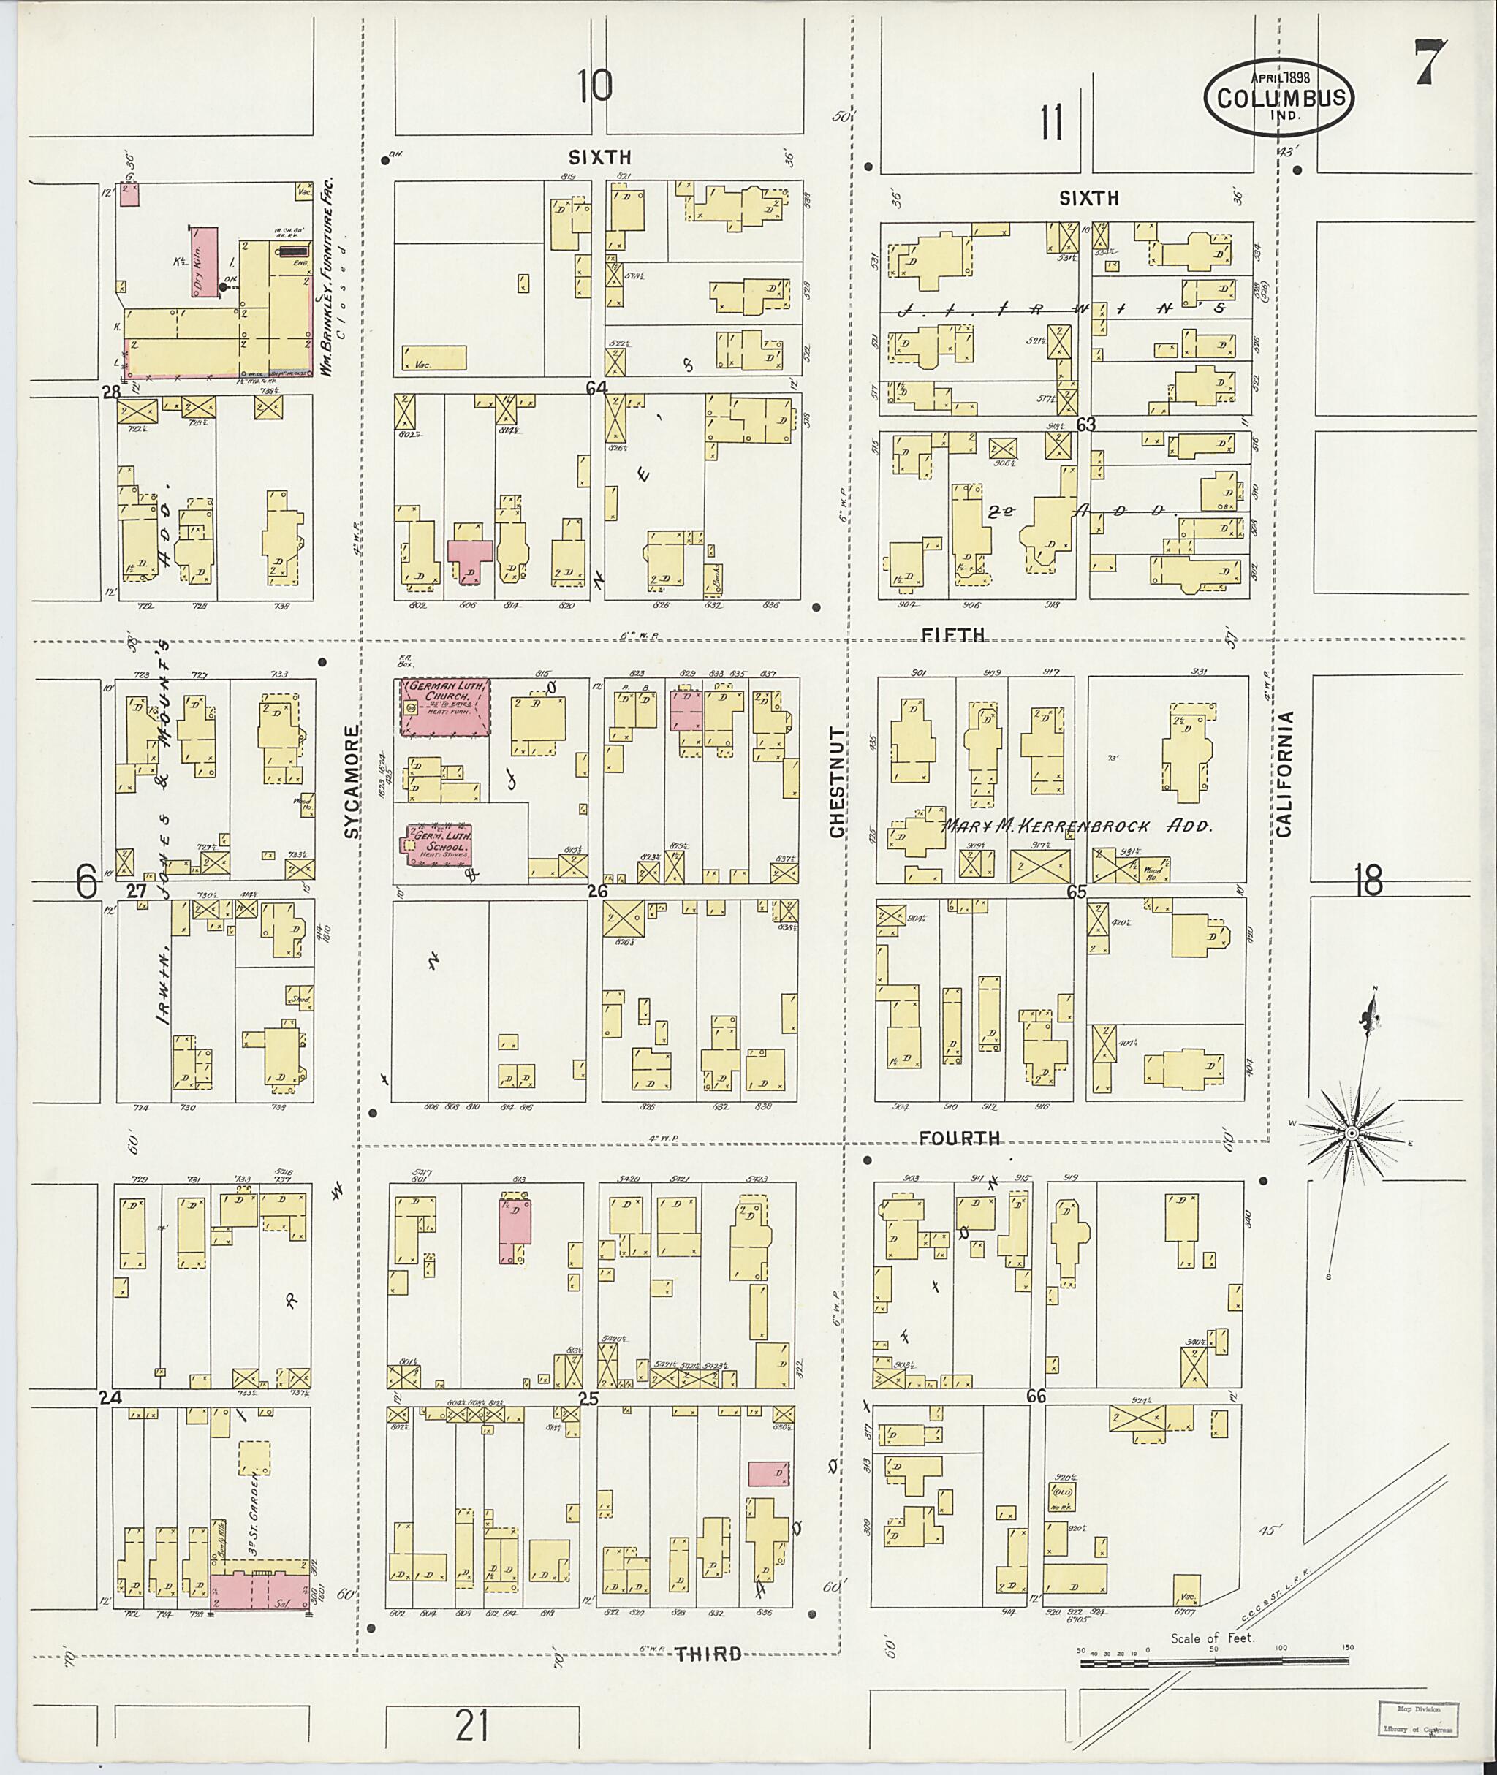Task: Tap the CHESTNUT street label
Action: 838,783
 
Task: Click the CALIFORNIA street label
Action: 1285,773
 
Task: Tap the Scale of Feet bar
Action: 1216,1664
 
